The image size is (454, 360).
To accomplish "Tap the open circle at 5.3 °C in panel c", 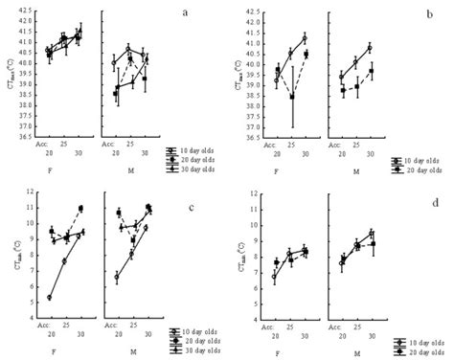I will coord(48,298).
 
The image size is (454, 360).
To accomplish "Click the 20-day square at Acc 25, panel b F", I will coord(291,97).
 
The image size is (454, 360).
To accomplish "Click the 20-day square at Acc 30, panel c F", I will coord(81,209).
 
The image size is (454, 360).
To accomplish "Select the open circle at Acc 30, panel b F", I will coord(305,38).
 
